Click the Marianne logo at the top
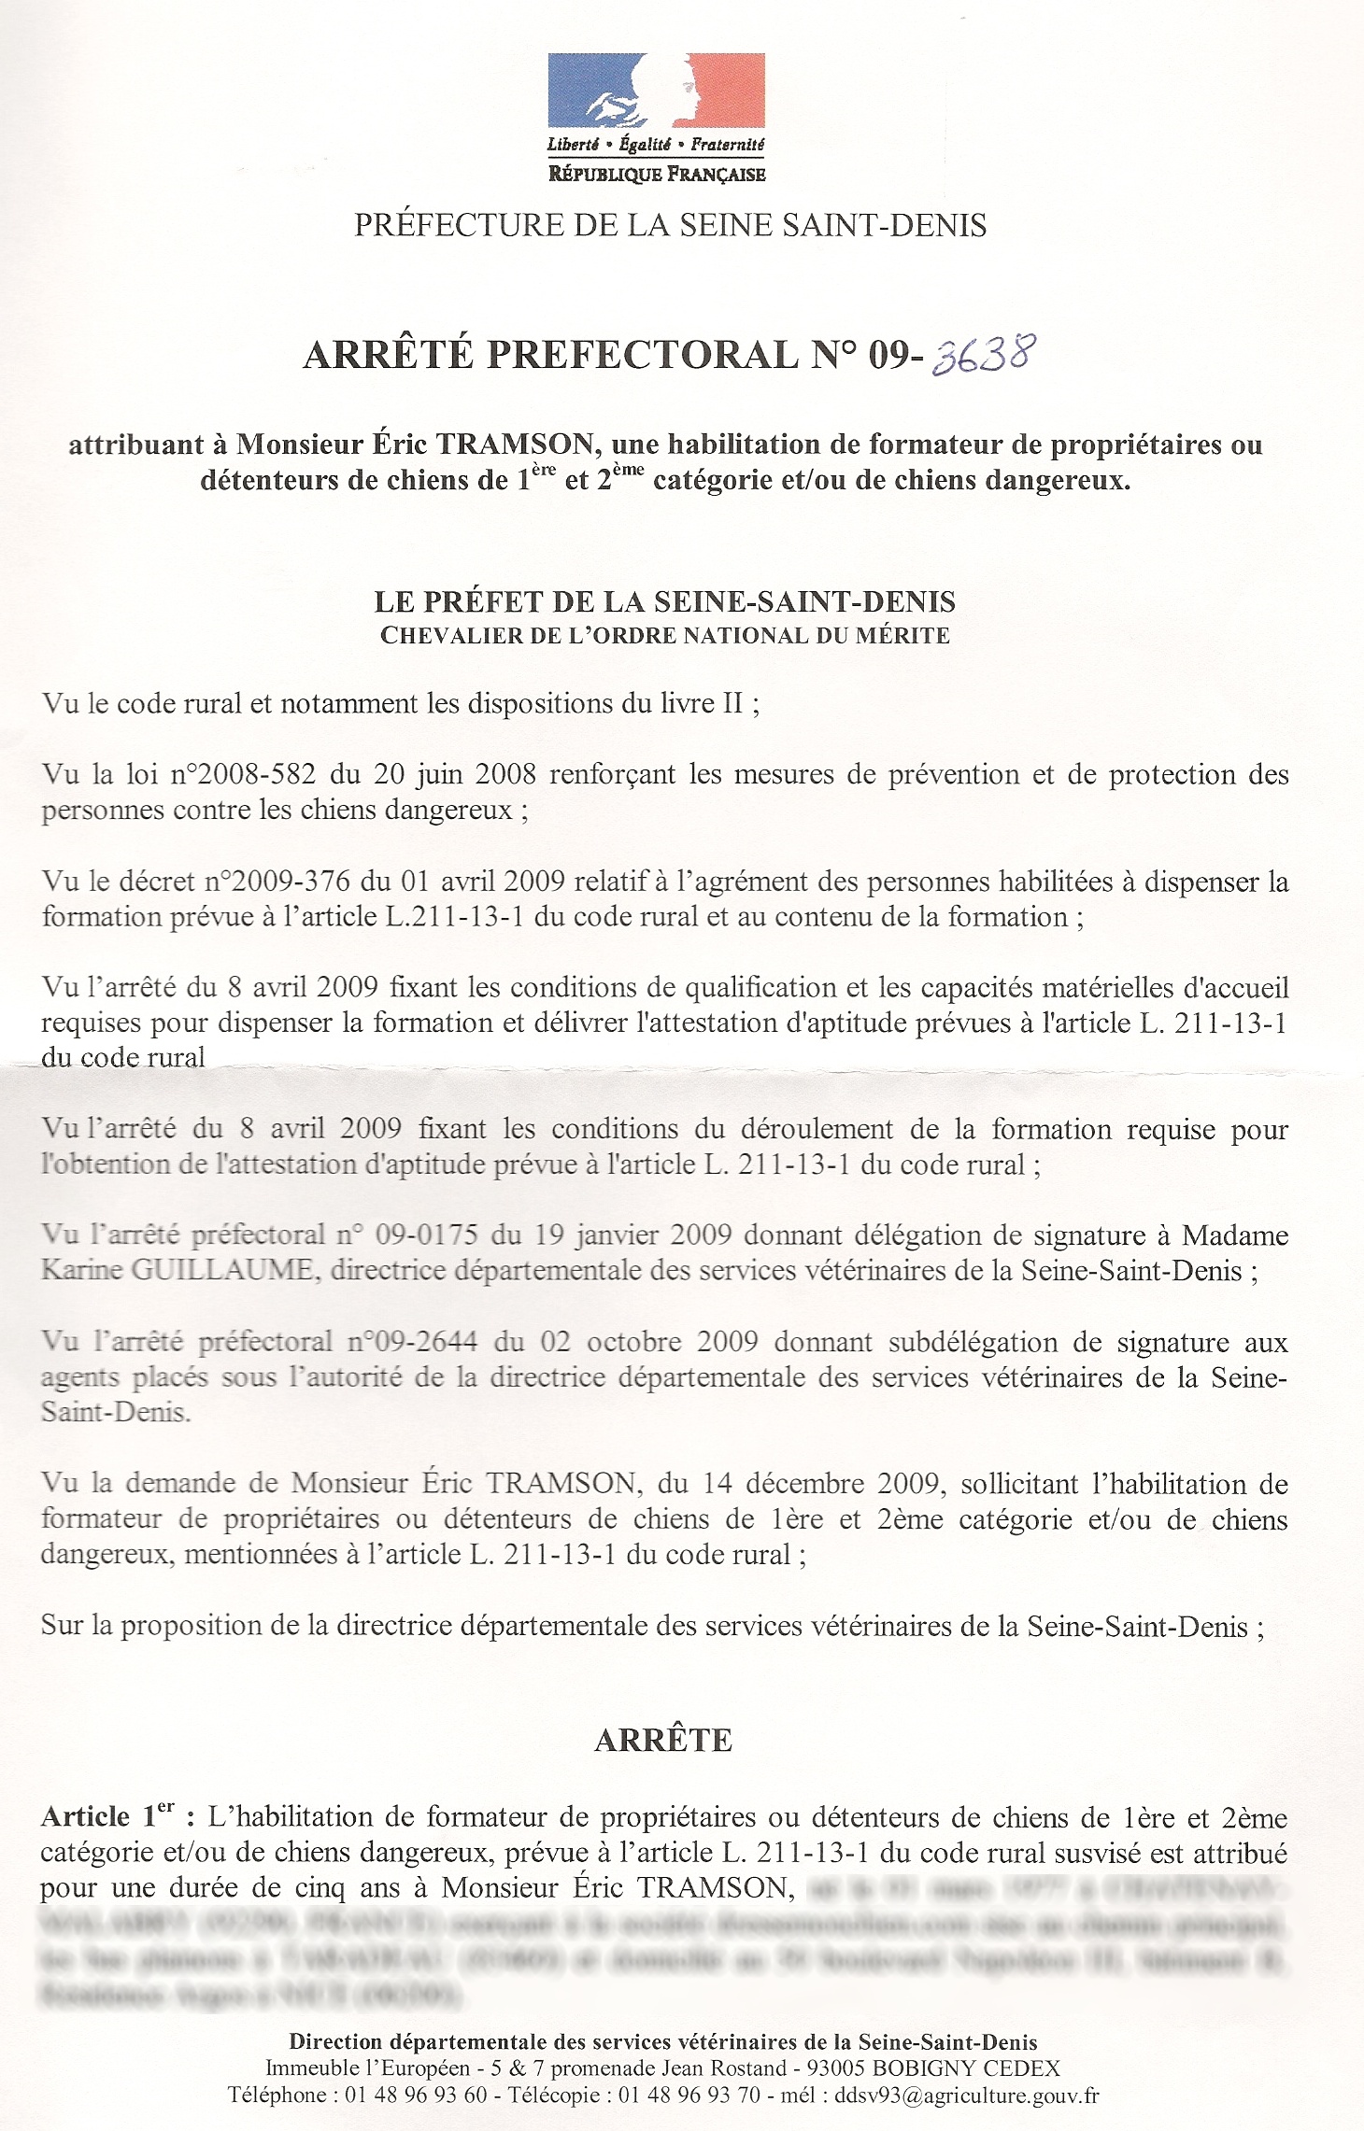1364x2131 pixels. click(656, 92)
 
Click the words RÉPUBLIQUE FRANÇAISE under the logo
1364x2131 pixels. click(657, 174)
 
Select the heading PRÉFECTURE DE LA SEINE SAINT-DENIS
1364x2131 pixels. click(670, 225)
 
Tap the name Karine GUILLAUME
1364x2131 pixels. click(178, 1271)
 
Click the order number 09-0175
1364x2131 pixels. click(426, 1235)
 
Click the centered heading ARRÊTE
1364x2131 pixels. click(663, 1740)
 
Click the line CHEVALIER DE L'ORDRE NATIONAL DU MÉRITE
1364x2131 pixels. click(664, 636)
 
